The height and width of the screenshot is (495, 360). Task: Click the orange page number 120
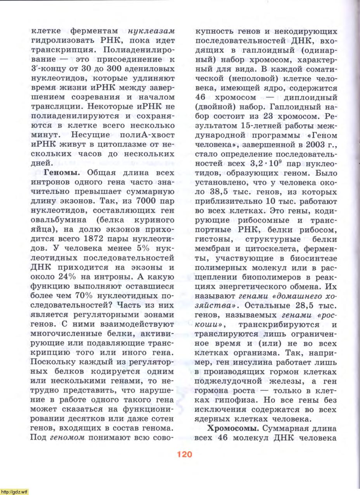pyautogui.click(x=185, y=454)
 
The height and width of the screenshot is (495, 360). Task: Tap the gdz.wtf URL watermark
pyautogui.click(x=14, y=492)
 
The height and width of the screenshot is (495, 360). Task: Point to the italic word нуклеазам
pyautogui.click(x=151, y=31)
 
